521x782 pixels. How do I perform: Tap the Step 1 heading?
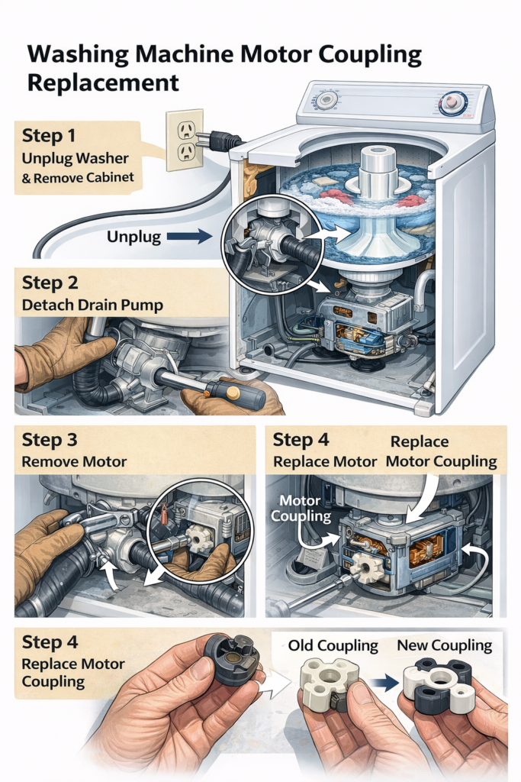pos(49,136)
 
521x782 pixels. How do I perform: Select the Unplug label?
pos(134,237)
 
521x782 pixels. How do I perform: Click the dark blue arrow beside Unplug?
pos(189,237)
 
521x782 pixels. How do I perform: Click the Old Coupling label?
pos(333,645)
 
